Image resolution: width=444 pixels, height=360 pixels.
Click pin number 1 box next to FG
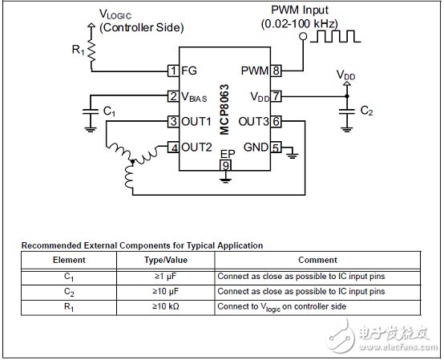click(x=172, y=71)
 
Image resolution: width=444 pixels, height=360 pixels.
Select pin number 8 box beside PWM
click(x=275, y=71)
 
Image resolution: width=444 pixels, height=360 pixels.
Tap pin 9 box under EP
click(x=225, y=165)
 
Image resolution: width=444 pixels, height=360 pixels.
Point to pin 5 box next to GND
click(x=275, y=148)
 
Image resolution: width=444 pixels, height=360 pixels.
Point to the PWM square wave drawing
click(x=339, y=37)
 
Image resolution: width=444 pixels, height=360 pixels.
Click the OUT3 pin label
click(x=252, y=122)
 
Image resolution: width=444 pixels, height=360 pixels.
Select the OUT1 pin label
click(x=196, y=122)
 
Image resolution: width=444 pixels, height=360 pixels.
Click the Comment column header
click(x=317, y=261)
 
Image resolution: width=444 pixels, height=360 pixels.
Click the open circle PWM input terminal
click(x=304, y=45)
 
